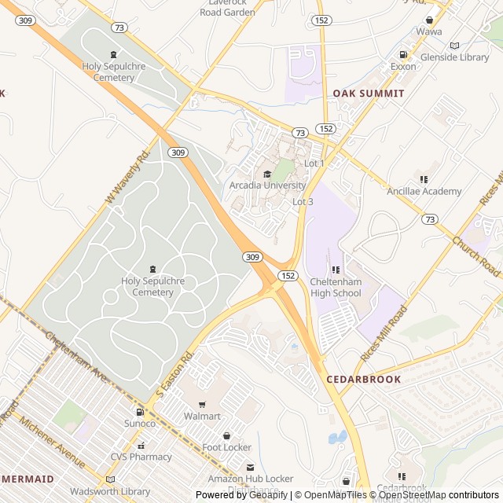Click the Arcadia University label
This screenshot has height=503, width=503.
267,185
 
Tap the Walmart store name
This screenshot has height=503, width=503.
202,416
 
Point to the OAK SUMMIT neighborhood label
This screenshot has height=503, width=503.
368,93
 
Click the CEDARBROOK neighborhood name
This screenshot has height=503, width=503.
363,379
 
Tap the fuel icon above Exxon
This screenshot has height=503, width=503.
403,55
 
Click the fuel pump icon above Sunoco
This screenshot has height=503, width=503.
140,412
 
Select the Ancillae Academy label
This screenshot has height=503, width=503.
424,191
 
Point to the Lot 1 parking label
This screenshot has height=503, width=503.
314,163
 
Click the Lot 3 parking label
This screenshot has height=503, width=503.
303,202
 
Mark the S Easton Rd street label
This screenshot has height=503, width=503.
174,373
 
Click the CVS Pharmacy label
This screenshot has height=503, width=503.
141,457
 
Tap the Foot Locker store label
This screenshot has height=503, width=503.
226,447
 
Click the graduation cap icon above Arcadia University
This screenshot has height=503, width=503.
267,174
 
